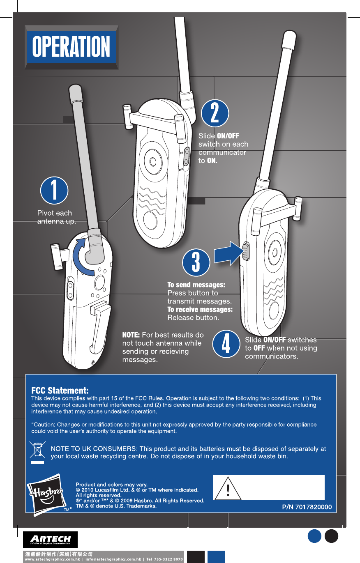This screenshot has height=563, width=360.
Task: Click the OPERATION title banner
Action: point(71,47)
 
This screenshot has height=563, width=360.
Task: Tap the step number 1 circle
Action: point(54,191)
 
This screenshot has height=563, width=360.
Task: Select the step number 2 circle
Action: point(215,113)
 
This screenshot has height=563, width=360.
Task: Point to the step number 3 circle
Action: point(196,262)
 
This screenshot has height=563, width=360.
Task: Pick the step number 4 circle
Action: point(226,344)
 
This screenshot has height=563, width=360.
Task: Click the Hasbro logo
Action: point(45,492)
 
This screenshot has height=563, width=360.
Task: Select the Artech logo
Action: point(50,540)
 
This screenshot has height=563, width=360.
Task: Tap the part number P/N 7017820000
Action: point(307,507)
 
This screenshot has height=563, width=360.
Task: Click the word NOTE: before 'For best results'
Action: point(132,335)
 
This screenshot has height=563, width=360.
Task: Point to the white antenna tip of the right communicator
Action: point(288,39)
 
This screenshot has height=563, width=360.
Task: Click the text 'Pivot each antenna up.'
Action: point(57,217)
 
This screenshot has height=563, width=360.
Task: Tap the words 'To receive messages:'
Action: point(200,309)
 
